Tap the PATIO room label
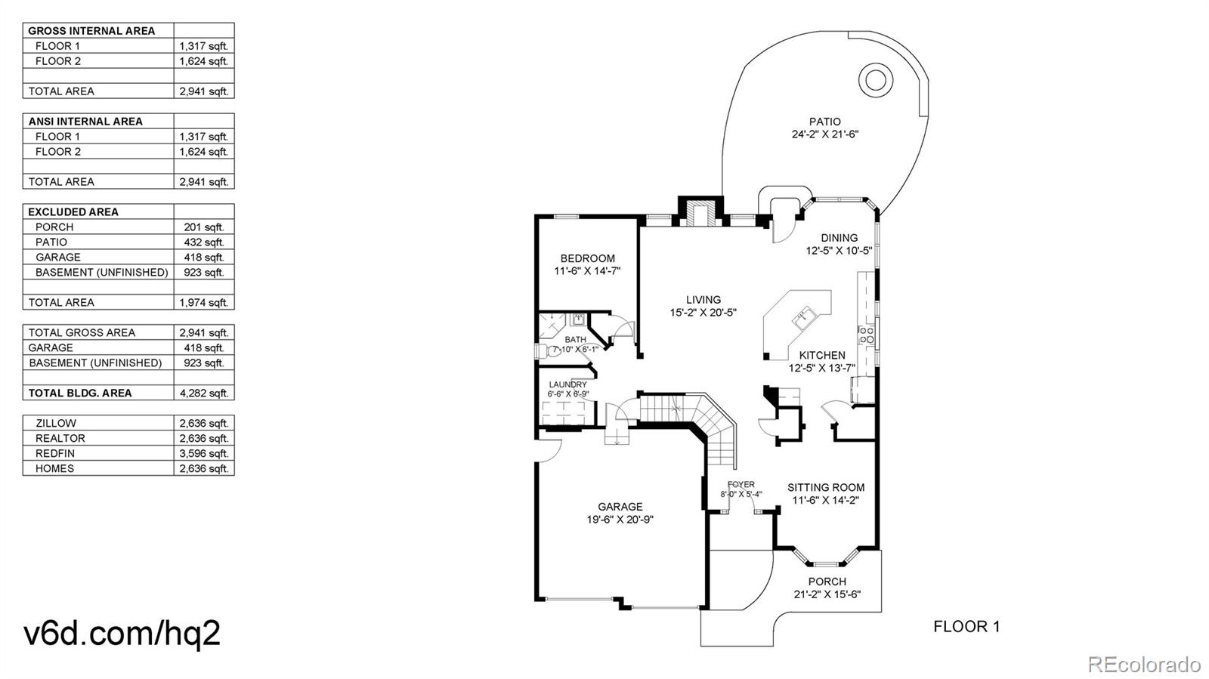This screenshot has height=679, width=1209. tap(824, 122)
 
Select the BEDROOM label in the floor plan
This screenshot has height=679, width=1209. tap(587, 258)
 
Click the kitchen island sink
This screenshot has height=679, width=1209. tap(802, 318)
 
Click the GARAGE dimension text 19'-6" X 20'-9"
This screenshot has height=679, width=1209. tap(620, 520)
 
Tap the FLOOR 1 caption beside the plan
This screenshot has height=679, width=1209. tap(966, 627)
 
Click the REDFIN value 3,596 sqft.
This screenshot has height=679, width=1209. tap(204, 454)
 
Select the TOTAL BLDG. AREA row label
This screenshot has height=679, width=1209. tap(80, 394)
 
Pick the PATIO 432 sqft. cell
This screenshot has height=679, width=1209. tap(204, 242)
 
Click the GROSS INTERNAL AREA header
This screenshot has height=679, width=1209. tap(91, 31)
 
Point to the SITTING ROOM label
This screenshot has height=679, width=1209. tap(826, 488)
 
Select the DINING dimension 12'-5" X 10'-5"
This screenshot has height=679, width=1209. tap(839, 251)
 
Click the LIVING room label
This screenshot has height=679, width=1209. tap(703, 300)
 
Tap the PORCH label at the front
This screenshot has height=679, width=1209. tap(827, 582)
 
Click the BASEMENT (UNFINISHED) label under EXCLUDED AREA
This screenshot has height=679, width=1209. tap(102, 273)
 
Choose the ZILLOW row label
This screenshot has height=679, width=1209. tap(56, 424)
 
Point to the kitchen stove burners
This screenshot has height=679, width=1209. tap(866, 335)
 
